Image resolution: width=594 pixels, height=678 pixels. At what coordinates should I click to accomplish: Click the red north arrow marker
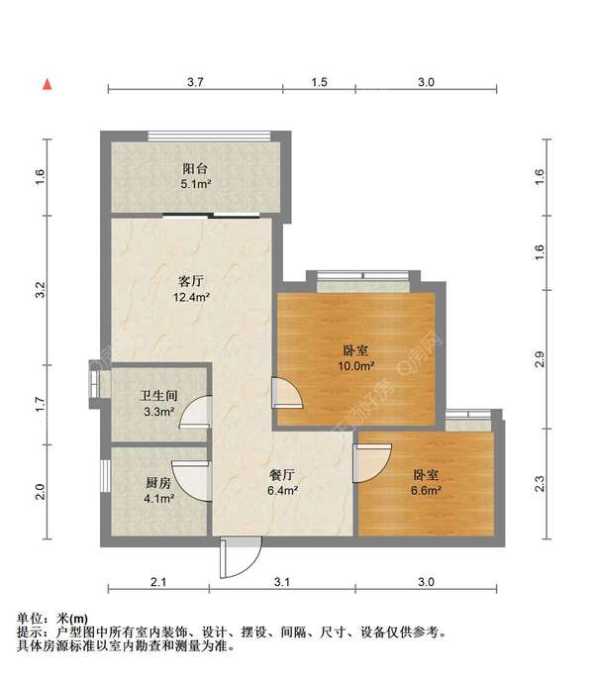pos(48,84)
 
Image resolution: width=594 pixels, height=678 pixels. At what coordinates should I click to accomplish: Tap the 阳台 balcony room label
pos(195,168)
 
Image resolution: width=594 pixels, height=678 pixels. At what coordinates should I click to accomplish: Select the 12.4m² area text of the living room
pos(192,297)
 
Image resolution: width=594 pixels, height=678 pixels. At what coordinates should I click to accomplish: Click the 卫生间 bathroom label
pos(158,395)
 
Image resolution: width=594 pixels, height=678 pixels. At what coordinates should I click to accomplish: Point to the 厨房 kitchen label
pos(158,483)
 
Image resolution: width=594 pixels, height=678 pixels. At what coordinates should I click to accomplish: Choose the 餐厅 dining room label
pos(282,475)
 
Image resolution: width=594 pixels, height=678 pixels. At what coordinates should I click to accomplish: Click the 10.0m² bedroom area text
pos(356,366)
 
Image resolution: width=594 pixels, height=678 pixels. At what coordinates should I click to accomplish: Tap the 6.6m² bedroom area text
pos(426,491)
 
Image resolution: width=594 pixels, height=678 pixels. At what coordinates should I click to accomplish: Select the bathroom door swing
pos(196,413)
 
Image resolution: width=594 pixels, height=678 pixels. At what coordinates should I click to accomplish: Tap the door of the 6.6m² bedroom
pos(372,463)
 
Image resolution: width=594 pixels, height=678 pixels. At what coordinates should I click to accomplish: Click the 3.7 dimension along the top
pos(196,82)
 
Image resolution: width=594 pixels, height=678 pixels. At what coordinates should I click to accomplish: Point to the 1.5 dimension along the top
pos(320,82)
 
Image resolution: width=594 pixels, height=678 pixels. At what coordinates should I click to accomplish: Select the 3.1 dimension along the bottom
pos(282,582)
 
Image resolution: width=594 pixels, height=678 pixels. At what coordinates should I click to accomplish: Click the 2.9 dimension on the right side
pos(540,359)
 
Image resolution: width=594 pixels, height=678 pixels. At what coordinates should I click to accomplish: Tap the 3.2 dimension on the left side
pos(41,290)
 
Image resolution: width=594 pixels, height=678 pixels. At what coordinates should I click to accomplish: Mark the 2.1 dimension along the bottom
pos(158,582)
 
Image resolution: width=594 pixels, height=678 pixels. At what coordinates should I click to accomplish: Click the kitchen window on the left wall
pos(105,476)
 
